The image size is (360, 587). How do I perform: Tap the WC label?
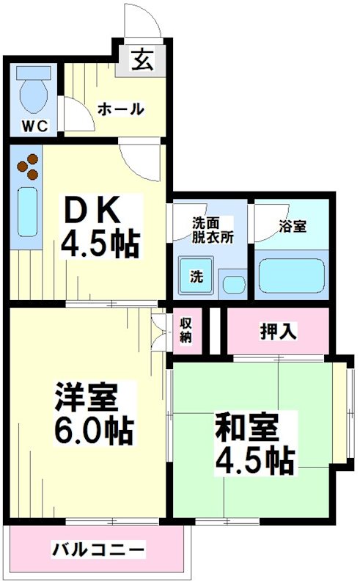point(33,125)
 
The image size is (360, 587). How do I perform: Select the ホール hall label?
point(121,109)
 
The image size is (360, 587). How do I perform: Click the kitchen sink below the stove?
point(27,212)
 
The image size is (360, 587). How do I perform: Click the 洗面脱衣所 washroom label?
point(213,229)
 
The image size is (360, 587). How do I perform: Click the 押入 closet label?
point(278,331)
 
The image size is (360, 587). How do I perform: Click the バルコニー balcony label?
point(98,549)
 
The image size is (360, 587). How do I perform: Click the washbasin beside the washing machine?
point(235,283)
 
